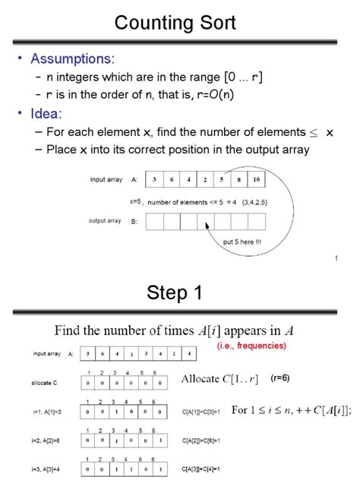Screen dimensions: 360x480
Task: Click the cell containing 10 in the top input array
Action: point(256,179)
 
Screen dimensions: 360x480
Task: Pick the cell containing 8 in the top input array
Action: point(239,179)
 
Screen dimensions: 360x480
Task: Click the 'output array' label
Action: point(105,221)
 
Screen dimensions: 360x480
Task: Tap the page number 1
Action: point(335,259)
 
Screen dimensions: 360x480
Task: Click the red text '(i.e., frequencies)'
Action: point(251,346)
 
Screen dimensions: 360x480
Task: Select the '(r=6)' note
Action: point(282,377)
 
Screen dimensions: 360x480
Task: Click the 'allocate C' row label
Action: point(47,384)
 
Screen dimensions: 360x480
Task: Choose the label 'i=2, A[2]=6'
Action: point(51,438)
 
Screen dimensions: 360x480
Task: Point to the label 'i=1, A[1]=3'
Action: point(51,411)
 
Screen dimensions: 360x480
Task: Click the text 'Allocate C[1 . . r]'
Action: point(220,378)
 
